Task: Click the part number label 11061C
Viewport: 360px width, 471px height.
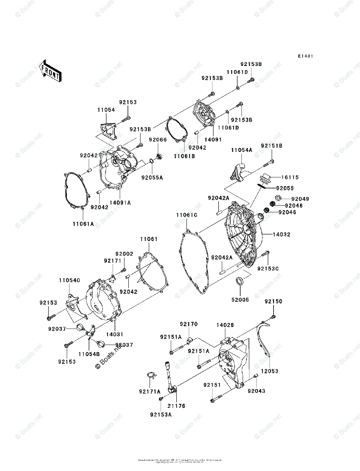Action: (x=186, y=215)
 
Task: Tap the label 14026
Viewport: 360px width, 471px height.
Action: (x=225, y=325)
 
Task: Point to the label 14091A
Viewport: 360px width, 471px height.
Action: (x=120, y=203)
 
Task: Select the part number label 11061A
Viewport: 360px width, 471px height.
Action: (x=83, y=224)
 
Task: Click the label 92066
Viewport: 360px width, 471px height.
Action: (x=157, y=140)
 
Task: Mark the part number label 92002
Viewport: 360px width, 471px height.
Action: (x=124, y=254)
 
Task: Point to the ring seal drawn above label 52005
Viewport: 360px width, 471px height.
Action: (x=239, y=281)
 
